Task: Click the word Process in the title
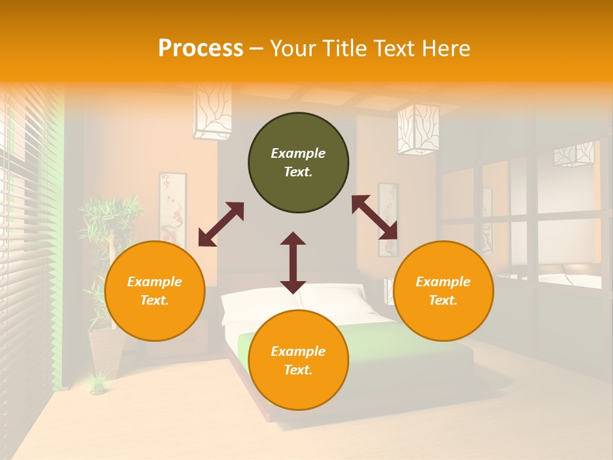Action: tap(201, 49)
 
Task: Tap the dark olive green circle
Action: tap(298, 163)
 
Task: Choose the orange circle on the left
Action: tap(155, 291)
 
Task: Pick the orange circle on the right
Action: tap(443, 291)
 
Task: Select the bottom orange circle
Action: tap(298, 360)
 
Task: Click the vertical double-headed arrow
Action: tap(293, 263)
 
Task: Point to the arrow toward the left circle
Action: tap(221, 224)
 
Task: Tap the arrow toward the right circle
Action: tap(374, 217)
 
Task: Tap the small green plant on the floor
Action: tap(98, 383)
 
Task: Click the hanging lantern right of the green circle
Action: tap(418, 128)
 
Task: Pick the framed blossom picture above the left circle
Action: tap(172, 208)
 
